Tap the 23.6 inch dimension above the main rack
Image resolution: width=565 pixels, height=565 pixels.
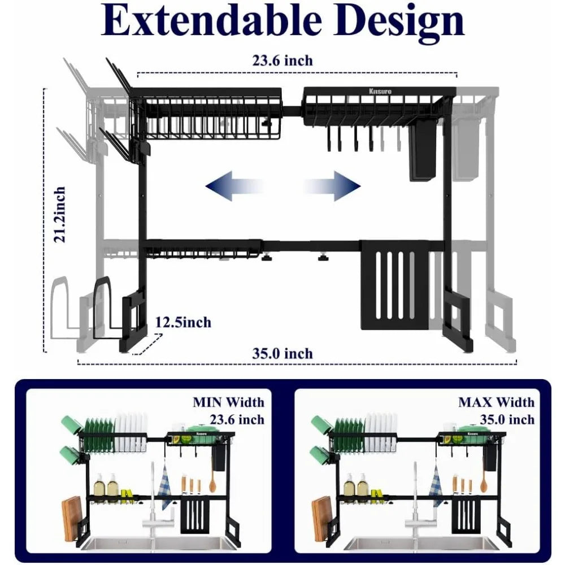[282, 60]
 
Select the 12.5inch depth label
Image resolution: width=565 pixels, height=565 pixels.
[183, 323]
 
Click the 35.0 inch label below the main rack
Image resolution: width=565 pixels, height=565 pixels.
[282, 354]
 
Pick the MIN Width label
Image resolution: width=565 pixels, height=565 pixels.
[228, 403]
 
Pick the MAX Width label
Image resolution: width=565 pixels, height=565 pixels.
[496, 403]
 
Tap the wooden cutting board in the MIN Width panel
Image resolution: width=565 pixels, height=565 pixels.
[72, 518]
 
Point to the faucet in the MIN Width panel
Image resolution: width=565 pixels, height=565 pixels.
[151, 503]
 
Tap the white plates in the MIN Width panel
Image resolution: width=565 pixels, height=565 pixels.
[131, 432]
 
